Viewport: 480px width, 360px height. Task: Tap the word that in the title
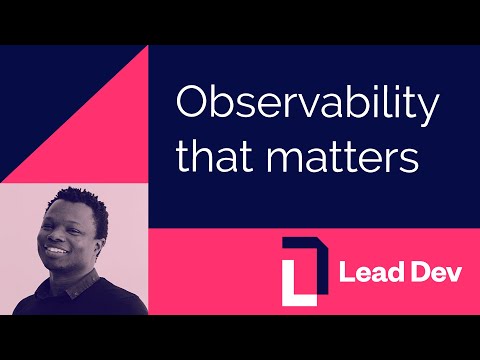(206, 156)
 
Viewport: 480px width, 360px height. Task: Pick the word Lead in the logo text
(365, 272)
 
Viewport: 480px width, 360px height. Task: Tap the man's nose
(57, 241)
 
